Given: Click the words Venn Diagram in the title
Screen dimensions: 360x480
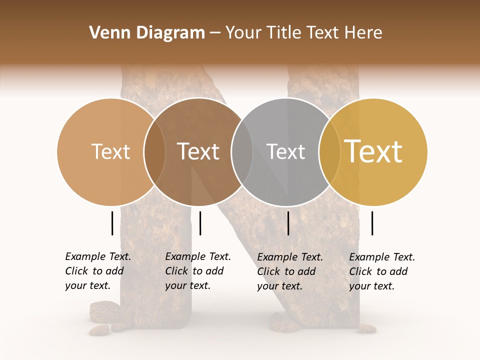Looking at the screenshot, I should point(147,33).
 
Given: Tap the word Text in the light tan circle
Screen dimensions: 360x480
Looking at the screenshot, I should point(111,152).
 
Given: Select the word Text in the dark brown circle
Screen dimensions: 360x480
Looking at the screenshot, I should point(198,152).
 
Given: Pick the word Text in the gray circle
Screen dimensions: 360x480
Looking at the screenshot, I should point(285,152).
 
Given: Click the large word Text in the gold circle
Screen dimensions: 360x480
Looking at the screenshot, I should point(373,151).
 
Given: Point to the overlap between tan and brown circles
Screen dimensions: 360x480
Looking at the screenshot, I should point(154,152).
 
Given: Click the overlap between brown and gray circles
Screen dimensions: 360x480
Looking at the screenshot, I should point(242,152).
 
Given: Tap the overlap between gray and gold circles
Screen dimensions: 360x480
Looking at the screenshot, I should point(329,152).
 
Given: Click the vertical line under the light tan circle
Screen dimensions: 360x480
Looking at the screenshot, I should point(112,223).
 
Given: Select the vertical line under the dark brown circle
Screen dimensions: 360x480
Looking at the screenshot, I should point(200,223).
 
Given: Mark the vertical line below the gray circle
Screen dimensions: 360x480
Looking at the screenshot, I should point(288,223).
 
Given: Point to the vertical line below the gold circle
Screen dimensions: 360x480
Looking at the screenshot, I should point(372,223).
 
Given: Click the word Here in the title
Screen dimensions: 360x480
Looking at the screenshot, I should point(366,33).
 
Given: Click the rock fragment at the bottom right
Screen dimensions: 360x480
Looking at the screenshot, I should point(367,328).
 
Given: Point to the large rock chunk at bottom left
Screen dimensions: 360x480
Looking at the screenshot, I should point(104,311).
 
